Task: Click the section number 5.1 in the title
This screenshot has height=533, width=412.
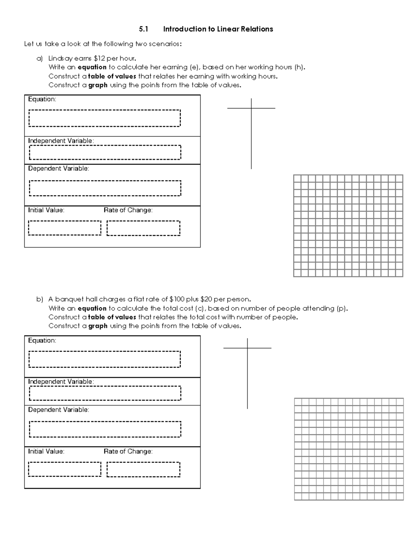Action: pos(143,29)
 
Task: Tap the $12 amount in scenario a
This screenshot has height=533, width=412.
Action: pos(99,58)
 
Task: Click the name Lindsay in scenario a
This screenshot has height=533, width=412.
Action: pos(60,58)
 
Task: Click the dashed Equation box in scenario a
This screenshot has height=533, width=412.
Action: pos(105,118)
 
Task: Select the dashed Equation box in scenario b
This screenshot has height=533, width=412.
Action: pos(105,359)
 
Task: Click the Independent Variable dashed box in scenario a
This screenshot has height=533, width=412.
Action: pos(105,152)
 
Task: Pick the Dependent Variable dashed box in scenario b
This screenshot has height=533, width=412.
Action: pos(105,429)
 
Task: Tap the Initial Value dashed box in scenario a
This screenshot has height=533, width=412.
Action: pos(65,228)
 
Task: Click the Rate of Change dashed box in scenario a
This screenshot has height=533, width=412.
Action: pos(143,228)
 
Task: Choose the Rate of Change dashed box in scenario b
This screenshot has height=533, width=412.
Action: pos(143,469)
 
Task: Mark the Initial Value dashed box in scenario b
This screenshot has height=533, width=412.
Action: pos(65,469)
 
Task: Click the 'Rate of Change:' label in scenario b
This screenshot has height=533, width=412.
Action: pos(128,451)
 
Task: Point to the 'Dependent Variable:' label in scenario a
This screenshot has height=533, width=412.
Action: pos(58,169)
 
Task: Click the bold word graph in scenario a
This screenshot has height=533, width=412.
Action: pos(98,85)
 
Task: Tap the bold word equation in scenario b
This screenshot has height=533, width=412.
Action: pos(92,308)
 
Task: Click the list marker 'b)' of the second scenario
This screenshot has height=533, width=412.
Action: pos(40,299)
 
